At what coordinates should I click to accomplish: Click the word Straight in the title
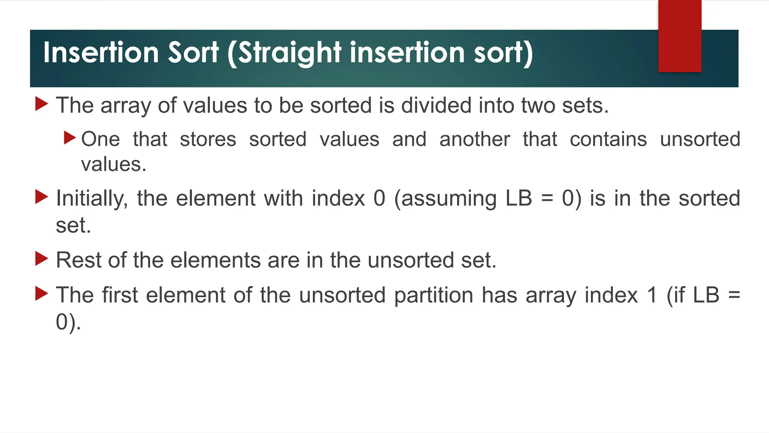click(290, 53)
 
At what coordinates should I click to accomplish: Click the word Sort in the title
click(193, 53)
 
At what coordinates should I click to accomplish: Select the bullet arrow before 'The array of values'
click(42, 104)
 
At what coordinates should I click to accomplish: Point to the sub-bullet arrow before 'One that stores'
click(70, 138)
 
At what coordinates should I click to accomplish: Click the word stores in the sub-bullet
click(208, 139)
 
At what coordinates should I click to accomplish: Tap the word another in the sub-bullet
click(475, 139)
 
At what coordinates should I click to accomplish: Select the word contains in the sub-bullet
click(608, 139)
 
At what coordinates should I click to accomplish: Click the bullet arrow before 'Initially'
click(42, 197)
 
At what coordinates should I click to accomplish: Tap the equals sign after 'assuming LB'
click(547, 198)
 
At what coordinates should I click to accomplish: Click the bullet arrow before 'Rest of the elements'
click(42, 259)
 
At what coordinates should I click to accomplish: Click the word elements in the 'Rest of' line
click(216, 260)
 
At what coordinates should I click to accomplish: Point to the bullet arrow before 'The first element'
click(42, 293)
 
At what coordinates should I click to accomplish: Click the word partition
click(434, 295)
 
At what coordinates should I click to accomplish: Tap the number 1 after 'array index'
click(652, 295)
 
